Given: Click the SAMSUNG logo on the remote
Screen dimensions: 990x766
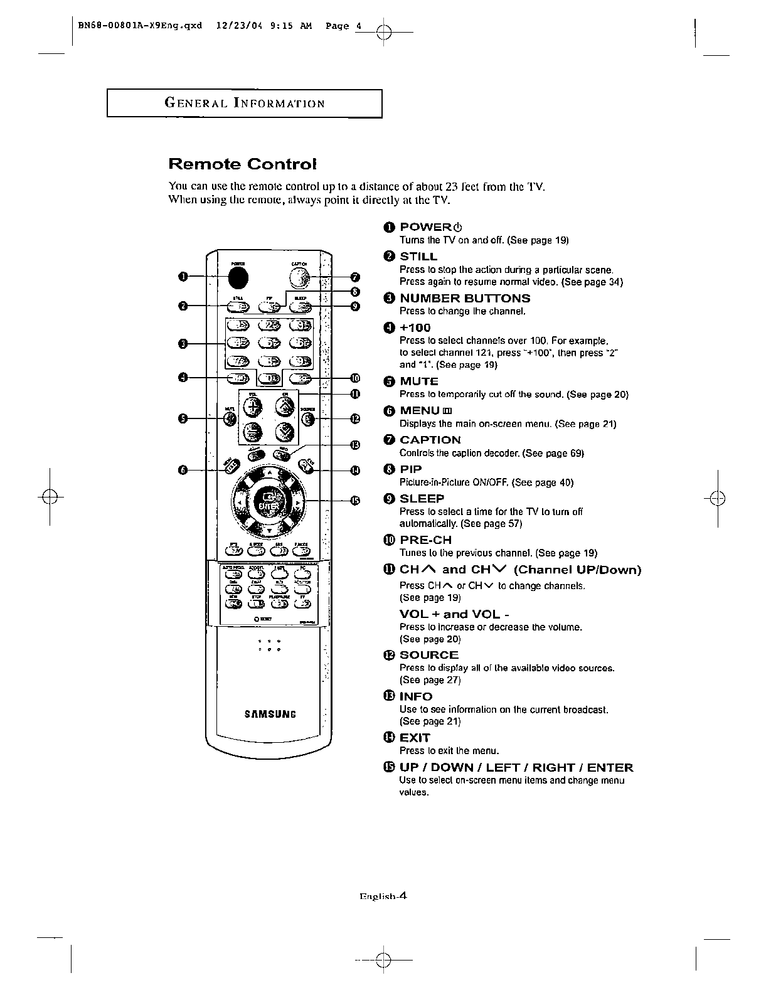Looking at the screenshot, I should [270, 714].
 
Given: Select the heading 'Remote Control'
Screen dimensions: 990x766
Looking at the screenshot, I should [242, 164].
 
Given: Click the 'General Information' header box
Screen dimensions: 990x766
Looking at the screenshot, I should [245, 104].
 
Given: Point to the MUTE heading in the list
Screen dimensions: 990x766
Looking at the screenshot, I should [419, 381].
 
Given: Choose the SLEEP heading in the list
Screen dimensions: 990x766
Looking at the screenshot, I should [422, 499].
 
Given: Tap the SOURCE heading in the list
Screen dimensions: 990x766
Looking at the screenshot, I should [429, 655].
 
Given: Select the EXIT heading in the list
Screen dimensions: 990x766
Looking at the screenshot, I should [415, 738].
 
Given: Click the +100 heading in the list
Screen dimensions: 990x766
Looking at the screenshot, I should [415, 327].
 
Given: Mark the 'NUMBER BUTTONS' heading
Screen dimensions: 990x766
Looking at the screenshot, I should [465, 299].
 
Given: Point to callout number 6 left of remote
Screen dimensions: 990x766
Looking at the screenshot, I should [182, 470].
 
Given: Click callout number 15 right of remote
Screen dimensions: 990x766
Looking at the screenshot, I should [355, 500].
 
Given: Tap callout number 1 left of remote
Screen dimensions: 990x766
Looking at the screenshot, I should [182, 277].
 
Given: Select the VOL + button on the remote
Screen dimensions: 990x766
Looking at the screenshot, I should [253, 407].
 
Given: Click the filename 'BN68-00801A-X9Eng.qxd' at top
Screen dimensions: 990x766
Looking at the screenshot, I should [141, 26].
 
